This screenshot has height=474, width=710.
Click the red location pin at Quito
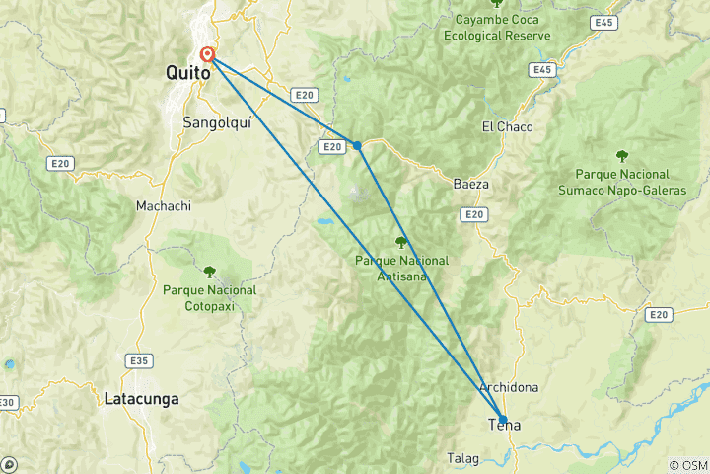pos(208,55)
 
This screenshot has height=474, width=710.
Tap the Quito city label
pos(188,73)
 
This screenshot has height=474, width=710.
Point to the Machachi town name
pos(163,206)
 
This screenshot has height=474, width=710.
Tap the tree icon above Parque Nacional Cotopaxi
pos(209,271)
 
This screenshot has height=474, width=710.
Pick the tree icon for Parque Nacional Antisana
pos(400,242)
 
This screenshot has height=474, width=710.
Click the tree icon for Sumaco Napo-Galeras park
pos(622,155)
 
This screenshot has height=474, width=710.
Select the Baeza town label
pos(471,184)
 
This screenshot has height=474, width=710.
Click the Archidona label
pos(509,387)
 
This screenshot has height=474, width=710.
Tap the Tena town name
pos(504,426)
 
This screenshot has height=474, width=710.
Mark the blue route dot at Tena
pos(503,419)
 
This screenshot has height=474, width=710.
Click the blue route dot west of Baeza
pos(357,145)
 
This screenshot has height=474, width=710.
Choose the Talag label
pos(463,457)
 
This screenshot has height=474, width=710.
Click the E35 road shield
pos(139,360)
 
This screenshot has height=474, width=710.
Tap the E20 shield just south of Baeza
pos(474,214)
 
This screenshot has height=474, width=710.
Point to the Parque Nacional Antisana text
pos(401,268)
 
